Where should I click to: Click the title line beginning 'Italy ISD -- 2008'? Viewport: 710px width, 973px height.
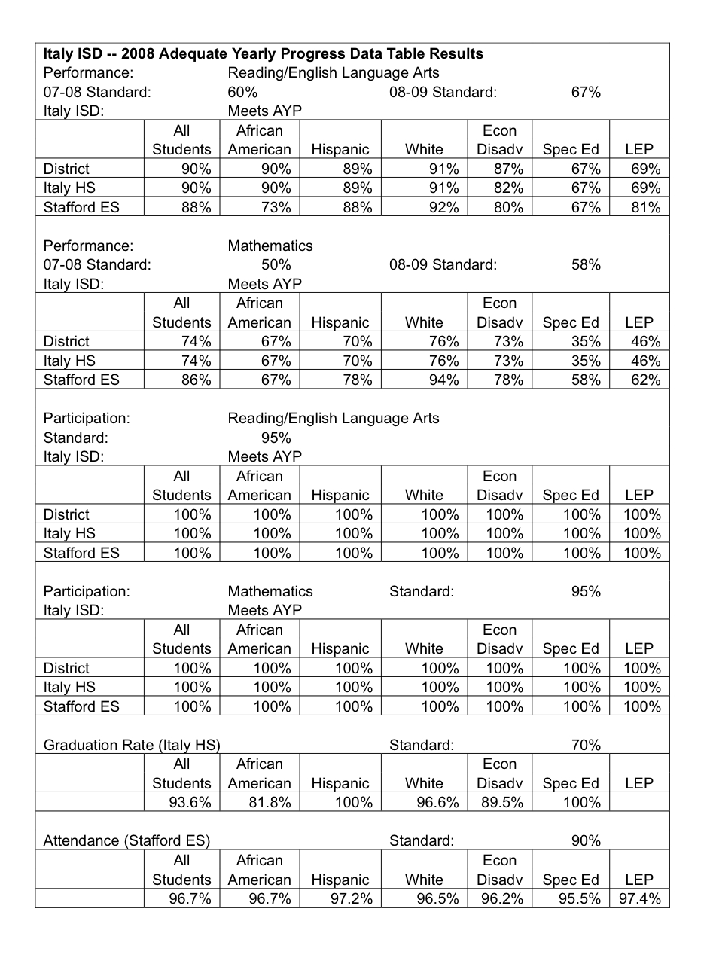[264, 54]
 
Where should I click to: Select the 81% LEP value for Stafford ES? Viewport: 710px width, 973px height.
[645, 207]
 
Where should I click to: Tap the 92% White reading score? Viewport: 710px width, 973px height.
[443, 207]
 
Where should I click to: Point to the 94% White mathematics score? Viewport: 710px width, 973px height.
[443, 380]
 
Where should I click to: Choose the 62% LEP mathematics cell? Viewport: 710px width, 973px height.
[645, 380]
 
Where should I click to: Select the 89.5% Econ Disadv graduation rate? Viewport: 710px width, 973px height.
[501, 803]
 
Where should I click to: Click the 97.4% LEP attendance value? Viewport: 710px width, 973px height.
[640, 898]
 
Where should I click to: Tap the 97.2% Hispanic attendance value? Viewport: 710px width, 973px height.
[352, 898]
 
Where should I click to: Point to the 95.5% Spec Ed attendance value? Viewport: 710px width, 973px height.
[580, 898]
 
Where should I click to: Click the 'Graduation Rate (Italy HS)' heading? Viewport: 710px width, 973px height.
[132, 746]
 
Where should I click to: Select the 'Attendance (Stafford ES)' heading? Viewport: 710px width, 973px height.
[126, 841]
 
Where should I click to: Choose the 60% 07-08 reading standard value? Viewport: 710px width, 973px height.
[242, 93]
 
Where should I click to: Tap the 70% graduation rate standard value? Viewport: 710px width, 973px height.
[586, 746]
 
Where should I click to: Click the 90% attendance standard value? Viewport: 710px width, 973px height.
[586, 841]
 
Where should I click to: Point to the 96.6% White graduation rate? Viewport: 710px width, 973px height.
[437, 803]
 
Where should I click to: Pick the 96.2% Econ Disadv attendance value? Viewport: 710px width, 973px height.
[501, 898]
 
